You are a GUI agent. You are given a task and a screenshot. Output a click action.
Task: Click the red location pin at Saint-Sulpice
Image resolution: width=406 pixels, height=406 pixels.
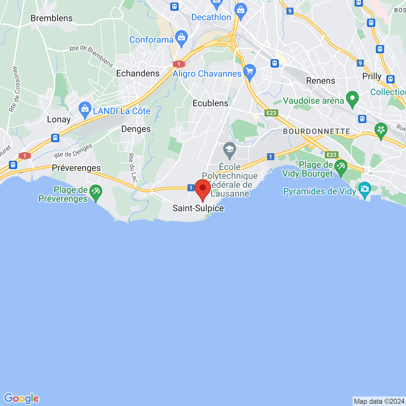click(203, 189)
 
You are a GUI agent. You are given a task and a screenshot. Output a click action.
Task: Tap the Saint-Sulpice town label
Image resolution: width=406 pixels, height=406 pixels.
click(198, 208)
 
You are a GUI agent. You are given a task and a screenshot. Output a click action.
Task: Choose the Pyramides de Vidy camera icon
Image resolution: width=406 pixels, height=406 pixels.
click(364, 190)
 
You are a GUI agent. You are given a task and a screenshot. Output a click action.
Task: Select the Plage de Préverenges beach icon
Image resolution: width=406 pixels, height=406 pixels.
click(95, 192)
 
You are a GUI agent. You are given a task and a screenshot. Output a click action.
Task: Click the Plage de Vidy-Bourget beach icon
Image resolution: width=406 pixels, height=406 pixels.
click(341, 167)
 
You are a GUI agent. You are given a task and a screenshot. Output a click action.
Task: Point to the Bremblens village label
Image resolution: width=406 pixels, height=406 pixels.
click(52, 18)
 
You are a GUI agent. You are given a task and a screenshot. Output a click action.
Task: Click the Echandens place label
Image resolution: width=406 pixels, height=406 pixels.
click(138, 74)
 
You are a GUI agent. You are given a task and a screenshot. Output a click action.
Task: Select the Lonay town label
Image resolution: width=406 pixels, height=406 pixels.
click(59, 120)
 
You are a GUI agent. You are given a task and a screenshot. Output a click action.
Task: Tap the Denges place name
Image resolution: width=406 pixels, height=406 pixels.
click(136, 129)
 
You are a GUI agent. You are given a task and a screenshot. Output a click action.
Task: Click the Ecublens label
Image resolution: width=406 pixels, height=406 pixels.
click(211, 103)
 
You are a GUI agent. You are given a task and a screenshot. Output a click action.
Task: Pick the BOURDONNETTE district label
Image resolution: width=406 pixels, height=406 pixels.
click(317, 131)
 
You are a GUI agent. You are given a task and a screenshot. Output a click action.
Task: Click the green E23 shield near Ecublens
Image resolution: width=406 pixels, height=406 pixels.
click(271, 113)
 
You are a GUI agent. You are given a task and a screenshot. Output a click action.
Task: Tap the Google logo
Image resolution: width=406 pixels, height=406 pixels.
click(22, 398)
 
